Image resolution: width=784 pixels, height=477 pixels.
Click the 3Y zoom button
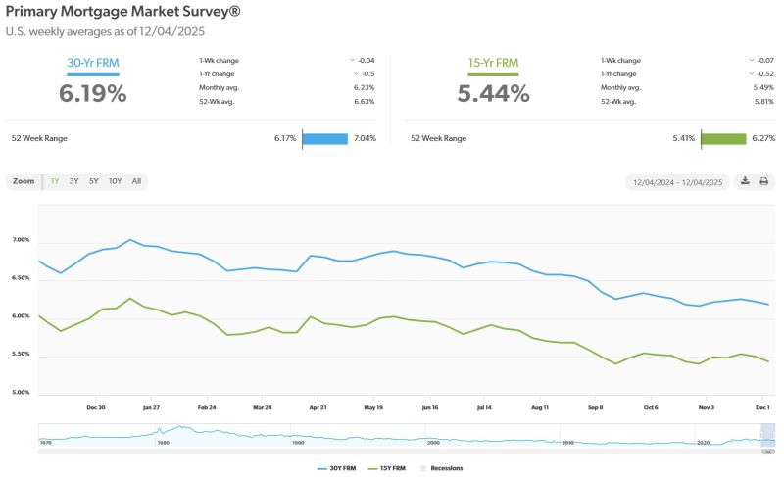click(x=74, y=181)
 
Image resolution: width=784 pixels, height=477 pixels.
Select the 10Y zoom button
click(x=115, y=181)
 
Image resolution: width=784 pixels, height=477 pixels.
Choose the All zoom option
click(x=136, y=181)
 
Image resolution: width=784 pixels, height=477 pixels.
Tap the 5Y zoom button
click(x=93, y=181)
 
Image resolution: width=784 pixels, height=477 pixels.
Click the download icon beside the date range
click(x=745, y=181)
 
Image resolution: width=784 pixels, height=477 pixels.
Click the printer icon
click(x=763, y=181)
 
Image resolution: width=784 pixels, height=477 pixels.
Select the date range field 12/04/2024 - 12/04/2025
click(x=677, y=182)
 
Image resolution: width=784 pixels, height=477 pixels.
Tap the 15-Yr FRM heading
click(x=493, y=64)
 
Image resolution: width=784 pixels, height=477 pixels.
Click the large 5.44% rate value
click(x=493, y=93)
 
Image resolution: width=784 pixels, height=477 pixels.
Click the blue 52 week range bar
click(x=325, y=138)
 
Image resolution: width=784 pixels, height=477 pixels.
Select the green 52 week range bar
click(x=723, y=138)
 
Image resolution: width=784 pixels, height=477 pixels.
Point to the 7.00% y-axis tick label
click(x=21, y=240)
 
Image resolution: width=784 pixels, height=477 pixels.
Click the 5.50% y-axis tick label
click(x=21, y=355)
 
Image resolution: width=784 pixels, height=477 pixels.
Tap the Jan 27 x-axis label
click(x=151, y=405)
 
